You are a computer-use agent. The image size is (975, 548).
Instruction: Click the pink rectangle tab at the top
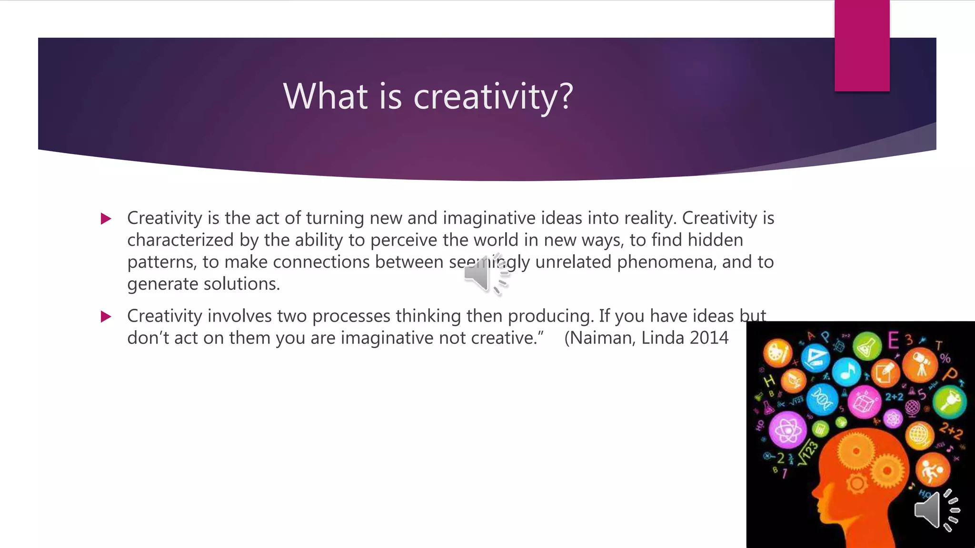(x=862, y=46)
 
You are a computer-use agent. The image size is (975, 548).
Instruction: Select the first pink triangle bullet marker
(x=106, y=219)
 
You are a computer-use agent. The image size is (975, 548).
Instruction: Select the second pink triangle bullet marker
(x=106, y=317)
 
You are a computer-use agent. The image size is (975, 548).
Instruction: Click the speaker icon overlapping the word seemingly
(x=486, y=275)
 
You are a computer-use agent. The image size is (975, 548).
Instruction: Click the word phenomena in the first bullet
(x=667, y=262)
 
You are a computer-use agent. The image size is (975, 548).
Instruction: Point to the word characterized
(x=180, y=240)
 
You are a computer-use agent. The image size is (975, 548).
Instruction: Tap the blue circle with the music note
(x=847, y=372)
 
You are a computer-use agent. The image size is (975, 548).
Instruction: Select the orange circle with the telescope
(x=920, y=365)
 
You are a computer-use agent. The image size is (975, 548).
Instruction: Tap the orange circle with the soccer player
(x=932, y=470)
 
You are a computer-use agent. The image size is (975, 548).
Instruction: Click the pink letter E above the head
(x=894, y=341)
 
